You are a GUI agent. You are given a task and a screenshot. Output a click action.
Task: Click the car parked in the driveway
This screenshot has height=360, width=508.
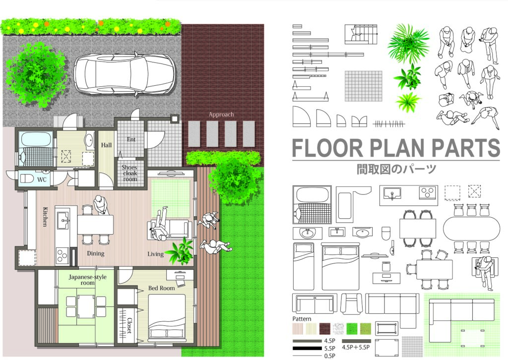[125, 74]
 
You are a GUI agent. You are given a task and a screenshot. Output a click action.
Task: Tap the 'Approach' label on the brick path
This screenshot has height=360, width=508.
[221, 114]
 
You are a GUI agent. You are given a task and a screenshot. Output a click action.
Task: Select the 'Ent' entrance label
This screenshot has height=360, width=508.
[131, 139]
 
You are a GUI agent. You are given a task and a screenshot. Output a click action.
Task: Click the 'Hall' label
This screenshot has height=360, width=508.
[106, 145]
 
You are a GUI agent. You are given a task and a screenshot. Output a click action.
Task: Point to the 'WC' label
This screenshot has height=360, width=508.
[42, 180]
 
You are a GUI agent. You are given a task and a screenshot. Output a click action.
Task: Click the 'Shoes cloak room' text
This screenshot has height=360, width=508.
[129, 173]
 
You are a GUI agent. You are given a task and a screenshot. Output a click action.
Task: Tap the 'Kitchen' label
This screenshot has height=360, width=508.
[45, 217]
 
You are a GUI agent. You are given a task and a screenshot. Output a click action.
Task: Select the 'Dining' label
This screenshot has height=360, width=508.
[96, 253]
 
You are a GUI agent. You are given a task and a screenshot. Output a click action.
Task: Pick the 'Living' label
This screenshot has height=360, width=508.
[155, 254]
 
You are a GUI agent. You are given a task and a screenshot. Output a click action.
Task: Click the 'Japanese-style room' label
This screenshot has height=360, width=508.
[87, 280]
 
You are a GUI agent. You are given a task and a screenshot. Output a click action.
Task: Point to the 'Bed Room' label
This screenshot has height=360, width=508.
[161, 288]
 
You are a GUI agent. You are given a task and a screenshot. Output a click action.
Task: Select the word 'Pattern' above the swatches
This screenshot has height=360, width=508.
[302, 319]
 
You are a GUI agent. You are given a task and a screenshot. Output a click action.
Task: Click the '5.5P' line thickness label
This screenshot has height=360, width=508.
[329, 349]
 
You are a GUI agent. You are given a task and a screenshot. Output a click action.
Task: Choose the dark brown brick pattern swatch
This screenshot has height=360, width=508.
[325, 329]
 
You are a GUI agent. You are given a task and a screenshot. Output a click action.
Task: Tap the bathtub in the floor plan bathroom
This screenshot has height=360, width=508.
[36, 139]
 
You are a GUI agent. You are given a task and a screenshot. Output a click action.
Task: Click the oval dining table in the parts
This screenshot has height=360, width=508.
[471, 229]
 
